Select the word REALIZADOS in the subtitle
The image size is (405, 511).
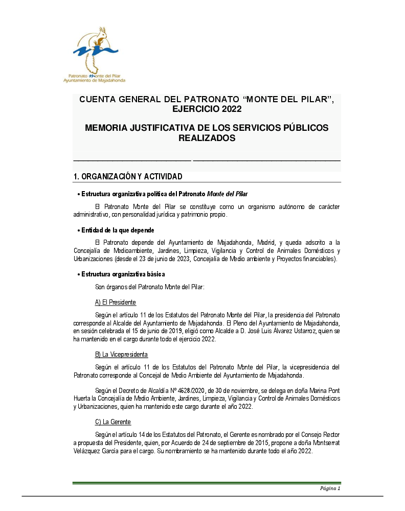coord(207,138)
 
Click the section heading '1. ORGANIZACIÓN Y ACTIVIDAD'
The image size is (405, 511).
coord(128,177)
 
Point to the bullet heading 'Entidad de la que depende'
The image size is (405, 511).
coord(118,230)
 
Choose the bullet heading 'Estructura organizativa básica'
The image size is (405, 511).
coord(123,274)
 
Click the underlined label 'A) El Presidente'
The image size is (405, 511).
coord(116,303)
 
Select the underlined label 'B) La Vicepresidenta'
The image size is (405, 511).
coord(121,355)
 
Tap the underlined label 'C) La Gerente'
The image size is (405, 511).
coord(113,422)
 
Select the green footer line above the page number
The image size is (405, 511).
coord(207,482)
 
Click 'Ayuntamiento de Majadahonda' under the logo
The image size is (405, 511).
coord(94,80)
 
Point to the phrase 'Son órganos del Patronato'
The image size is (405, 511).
coord(128,288)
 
